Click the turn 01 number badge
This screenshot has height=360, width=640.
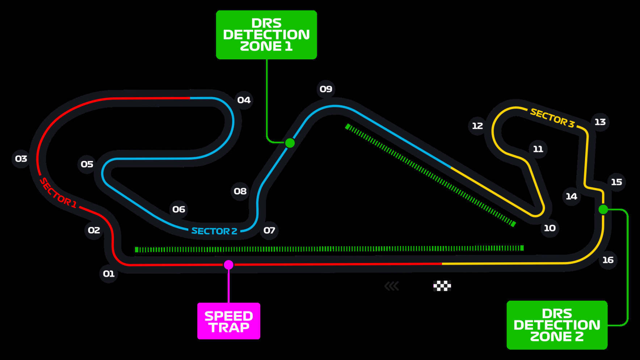109,274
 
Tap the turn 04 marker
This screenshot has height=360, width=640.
244,100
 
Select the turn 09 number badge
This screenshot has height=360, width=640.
326,89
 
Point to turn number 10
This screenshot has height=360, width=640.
550,228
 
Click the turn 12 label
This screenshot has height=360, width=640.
477,126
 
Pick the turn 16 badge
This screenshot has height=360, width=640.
608,260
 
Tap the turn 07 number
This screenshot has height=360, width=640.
269,230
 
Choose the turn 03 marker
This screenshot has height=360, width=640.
21,158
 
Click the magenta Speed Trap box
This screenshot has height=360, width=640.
229,321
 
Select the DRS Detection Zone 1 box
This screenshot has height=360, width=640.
266,35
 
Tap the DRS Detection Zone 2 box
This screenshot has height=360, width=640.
557,325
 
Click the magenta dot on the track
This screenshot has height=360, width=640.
228,265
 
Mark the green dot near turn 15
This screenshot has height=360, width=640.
603,209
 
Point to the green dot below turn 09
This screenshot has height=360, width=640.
290,143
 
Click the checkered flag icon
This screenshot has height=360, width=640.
442,286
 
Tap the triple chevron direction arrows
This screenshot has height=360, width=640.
392,286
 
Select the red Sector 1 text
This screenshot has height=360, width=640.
58,194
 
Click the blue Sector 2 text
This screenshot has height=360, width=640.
214,231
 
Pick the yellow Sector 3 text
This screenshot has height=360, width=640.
552,118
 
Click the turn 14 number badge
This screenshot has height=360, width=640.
571,196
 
